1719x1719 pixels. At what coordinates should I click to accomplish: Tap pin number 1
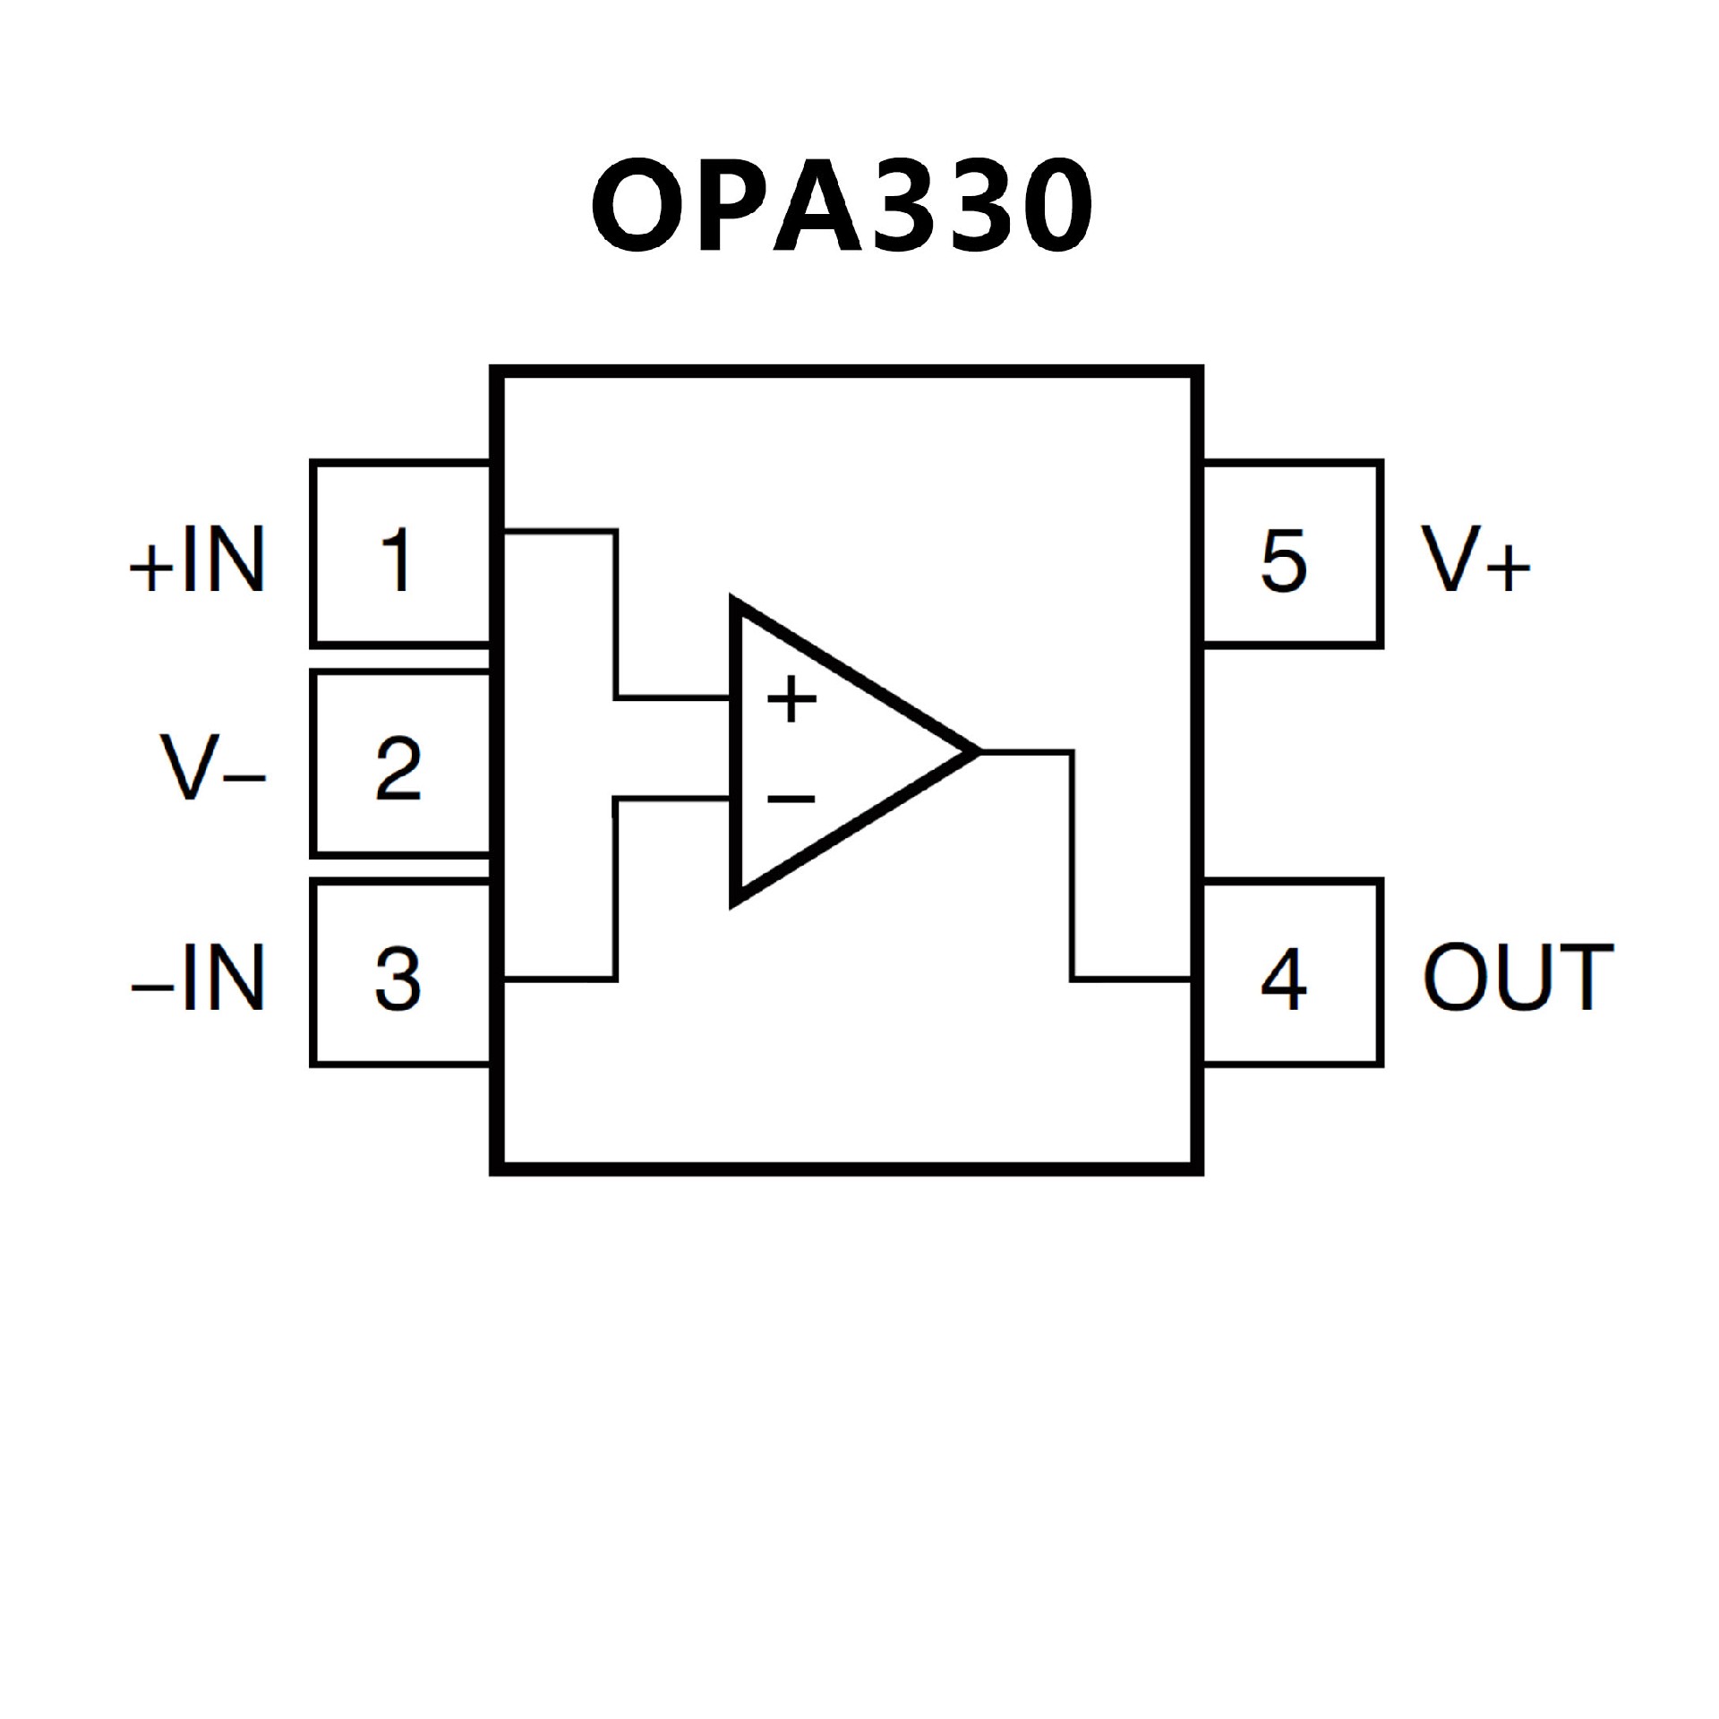click(x=396, y=560)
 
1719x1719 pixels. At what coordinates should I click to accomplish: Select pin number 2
click(x=398, y=768)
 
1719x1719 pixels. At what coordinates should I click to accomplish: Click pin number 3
click(x=398, y=979)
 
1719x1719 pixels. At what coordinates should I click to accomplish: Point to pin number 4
click(x=1283, y=979)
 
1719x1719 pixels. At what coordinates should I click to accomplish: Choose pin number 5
click(x=1283, y=560)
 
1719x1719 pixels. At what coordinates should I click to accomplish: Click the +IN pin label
click(x=198, y=560)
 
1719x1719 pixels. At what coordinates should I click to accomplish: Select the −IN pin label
click(x=198, y=979)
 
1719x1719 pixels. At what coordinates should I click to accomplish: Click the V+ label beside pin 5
click(x=1475, y=560)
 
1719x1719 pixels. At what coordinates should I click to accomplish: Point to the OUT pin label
click(x=1518, y=979)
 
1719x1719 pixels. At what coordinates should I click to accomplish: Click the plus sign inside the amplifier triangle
click(x=791, y=699)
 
